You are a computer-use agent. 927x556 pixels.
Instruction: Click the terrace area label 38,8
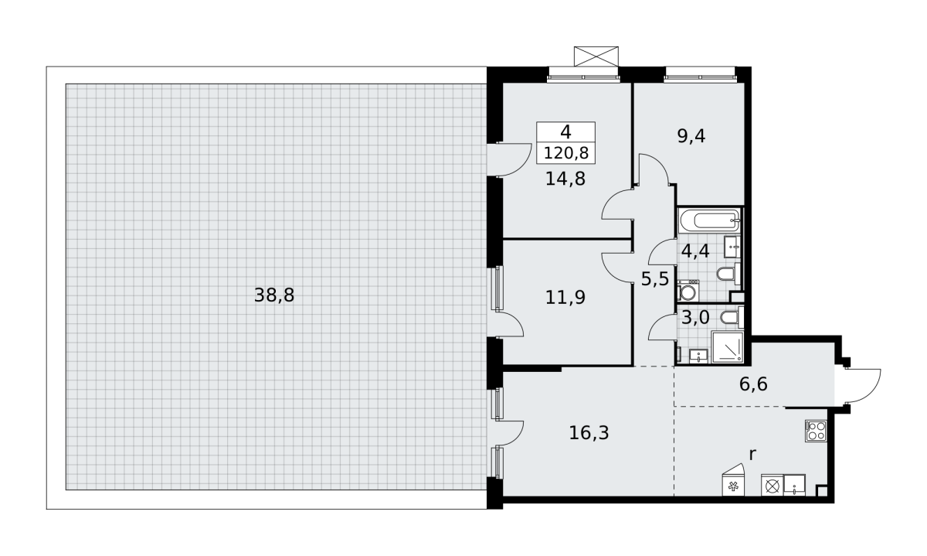[274, 295]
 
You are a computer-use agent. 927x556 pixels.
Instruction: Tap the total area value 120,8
[565, 153]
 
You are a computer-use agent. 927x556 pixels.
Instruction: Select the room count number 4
[565, 132]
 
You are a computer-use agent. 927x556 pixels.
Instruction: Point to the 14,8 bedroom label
[565, 179]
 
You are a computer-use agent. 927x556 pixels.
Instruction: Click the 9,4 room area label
[691, 136]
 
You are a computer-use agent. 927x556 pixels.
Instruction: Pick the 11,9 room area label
[565, 298]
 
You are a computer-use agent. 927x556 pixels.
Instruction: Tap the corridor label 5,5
[655, 279]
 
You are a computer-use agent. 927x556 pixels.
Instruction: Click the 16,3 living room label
[589, 433]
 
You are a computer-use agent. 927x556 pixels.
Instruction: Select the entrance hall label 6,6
[753, 384]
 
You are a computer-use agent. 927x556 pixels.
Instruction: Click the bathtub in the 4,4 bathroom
[709, 220]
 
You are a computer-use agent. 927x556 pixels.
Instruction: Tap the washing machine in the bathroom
[688, 291]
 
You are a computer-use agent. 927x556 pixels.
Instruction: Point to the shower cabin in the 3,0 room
[727, 347]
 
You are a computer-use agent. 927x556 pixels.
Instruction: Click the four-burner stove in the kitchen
[816, 431]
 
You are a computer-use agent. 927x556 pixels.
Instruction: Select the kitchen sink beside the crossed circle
[795, 485]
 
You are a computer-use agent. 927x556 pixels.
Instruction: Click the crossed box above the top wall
[596, 56]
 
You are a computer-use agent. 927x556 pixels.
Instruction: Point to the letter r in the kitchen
[752, 455]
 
